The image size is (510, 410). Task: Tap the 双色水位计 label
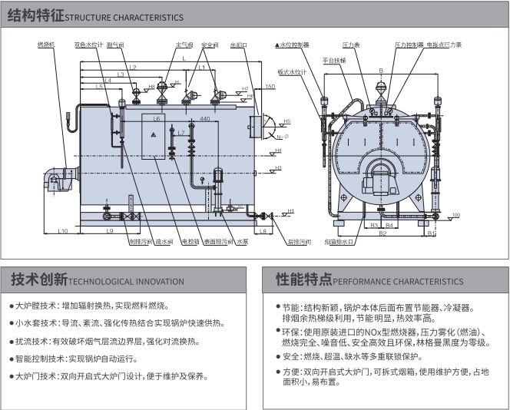[x=89, y=45]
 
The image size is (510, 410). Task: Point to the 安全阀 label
[x=210, y=45]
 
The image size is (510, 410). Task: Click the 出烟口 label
[x=238, y=45]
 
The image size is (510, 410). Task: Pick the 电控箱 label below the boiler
[x=189, y=242]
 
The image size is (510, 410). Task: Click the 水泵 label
[x=242, y=242]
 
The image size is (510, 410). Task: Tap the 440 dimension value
[x=204, y=120]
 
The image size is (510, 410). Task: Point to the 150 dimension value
[x=270, y=87]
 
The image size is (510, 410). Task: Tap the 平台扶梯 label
[x=334, y=59]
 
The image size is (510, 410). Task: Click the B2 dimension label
[x=382, y=233]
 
